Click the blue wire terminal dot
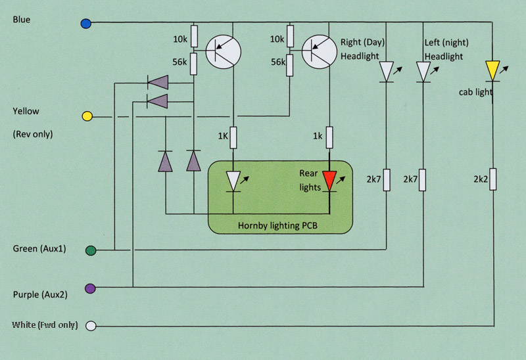[86, 24]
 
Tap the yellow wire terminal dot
[87, 116]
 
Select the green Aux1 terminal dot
[91, 250]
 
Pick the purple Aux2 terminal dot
[90, 288]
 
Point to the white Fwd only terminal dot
[91, 326]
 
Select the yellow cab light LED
[492, 71]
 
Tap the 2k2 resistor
[492, 179]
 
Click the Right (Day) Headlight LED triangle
[386, 72]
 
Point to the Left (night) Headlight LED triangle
[423, 72]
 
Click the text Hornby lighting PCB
[277, 225]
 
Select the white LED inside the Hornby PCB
[233, 181]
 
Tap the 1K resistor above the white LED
[233, 137]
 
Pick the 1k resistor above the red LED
[329, 137]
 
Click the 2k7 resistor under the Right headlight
[387, 180]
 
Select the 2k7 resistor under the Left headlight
[422, 180]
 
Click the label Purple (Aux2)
[40, 295]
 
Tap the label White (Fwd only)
[45, 325]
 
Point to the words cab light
[475, 92]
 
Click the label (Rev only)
[33, 134]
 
